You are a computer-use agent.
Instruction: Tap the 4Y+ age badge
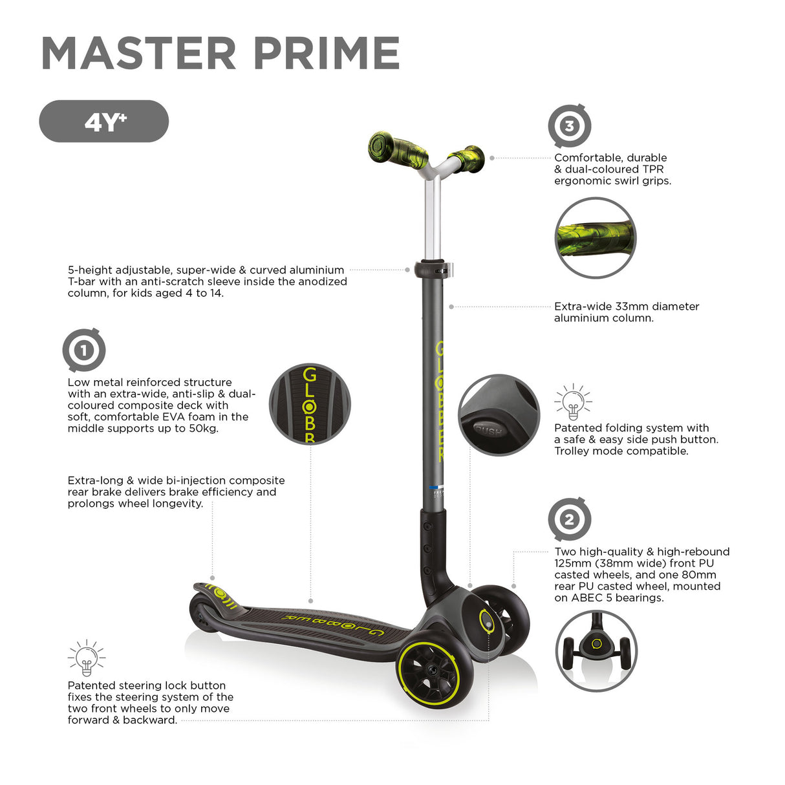[x=104, y=121]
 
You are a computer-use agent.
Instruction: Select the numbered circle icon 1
[x=83, y=350]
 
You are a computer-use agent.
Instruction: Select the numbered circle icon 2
[x=569, y=519]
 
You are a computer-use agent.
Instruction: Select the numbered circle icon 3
[x=569, y=125]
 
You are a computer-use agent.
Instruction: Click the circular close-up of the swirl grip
[x=596, y=238]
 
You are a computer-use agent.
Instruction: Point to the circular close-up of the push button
[x=499, y=414]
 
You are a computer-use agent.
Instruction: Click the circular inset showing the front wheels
[x=596, y=651]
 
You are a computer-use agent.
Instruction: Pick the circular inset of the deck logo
[x=310, y=403]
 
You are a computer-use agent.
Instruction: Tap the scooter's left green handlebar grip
[x=390, y=148]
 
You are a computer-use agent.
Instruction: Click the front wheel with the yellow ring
[x=434, y=672]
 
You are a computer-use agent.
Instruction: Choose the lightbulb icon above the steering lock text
[x=86, y=658]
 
